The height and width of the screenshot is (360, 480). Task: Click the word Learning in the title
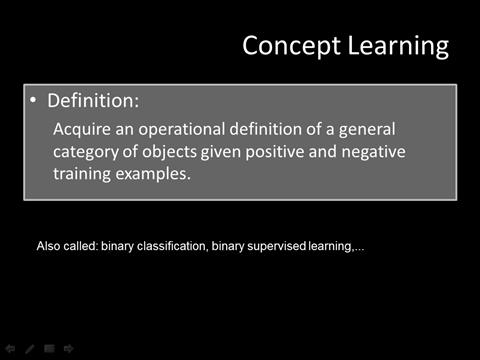pyautogui.click(x=392, y=46)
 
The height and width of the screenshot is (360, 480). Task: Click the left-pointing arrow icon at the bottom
pyautogui.click(x=11, y=349)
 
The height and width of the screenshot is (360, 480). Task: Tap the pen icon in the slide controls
pyautogui.click(x=30, y=349)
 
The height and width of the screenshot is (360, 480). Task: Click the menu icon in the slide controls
pyautogui.click(x=49, y=349)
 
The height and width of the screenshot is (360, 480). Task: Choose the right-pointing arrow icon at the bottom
pyautogui.click(x=68, y=349)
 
